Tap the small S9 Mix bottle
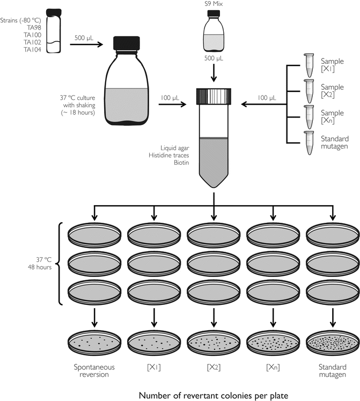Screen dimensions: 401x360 point(214,33)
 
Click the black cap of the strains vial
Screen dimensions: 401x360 point(53,12)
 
